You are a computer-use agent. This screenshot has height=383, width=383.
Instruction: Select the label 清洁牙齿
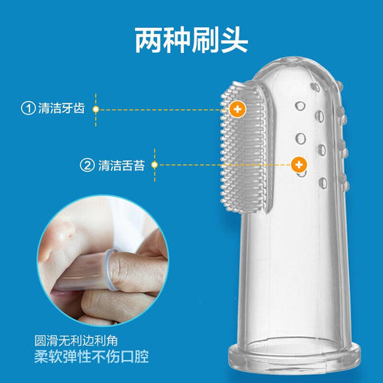(63, 109)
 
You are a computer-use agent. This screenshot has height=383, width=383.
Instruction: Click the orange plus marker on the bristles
(236, 109)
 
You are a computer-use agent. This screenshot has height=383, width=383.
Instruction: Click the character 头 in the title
(234, 41)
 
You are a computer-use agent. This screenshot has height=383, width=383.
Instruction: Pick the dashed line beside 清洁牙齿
(162, 109)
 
